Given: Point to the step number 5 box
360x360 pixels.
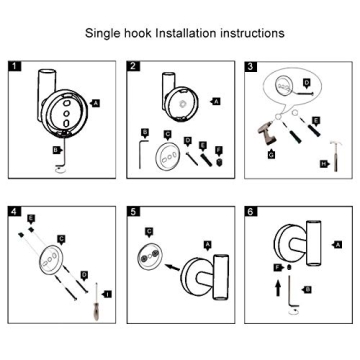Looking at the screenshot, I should pyautogui.click(x=133, y=213).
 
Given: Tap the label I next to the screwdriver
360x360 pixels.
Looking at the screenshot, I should pyautogui.click(x=107, y=293).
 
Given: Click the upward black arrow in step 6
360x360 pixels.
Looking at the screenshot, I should pyautogui.click(x=277, y=288).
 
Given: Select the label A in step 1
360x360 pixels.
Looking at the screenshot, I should pyautogui.click(x=95, y=103).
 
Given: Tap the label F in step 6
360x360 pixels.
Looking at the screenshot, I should pyautogui.click(x=276, y=267).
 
